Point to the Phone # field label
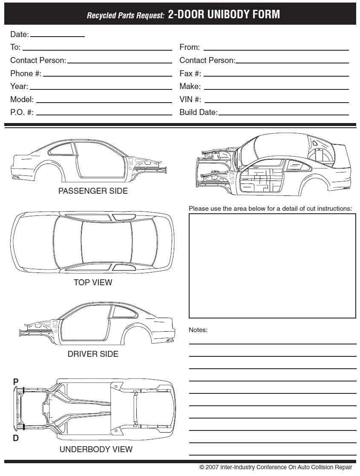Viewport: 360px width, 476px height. click(26, 73)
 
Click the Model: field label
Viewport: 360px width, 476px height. click(22, 99)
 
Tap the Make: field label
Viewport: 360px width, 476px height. click(190, 86)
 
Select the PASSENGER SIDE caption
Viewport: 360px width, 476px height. click(93, 191)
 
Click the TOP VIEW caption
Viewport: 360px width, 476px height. click(93, 282)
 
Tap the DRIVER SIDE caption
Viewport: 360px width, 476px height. click(93, 354)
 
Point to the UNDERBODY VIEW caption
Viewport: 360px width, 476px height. click(96, 449)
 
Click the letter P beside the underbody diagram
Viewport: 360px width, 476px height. click(16, 382)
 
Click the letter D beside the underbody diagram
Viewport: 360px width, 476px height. click(16, 438)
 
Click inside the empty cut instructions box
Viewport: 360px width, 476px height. click(272, 266)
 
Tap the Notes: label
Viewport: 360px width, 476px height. click(198, 330)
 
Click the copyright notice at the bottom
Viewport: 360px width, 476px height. click(276, 467)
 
